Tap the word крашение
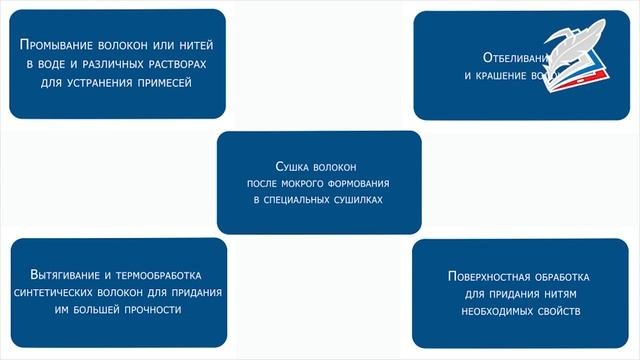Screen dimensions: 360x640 507,75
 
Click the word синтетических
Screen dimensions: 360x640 60,292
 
